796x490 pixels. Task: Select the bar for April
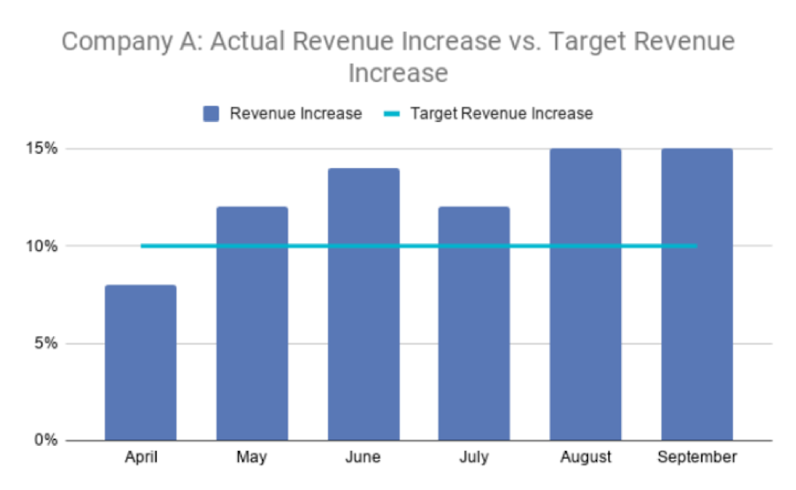tap(141, 363)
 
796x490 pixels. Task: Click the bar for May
tap(252, 324)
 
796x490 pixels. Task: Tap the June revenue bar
tap(364, 304)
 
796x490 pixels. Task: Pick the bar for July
tap(474, 324)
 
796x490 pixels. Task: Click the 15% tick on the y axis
tap(42, 149)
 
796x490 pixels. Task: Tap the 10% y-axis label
tap(42, 246)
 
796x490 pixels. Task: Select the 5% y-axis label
tap(44, 343)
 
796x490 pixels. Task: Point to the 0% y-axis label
tap(44, 440)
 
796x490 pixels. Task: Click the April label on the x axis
tap(141, 457)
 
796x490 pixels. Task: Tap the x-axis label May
tap(252, 457)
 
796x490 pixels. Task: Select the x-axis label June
tap(364, 457)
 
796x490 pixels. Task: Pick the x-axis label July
tap(474, 457)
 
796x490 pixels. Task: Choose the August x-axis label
tap(586, 457)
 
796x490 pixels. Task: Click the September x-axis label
tap(697, 457)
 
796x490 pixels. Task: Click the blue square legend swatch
tap(211, 113)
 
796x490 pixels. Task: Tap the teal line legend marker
tap(392, 113)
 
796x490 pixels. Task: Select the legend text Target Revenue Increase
tap(501, 113)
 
